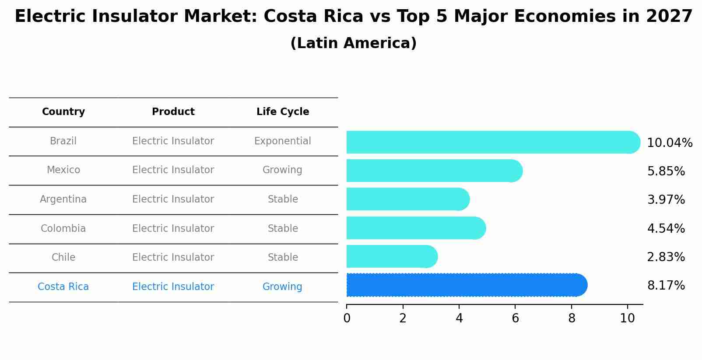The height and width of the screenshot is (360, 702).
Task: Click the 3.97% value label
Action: coord(666,200)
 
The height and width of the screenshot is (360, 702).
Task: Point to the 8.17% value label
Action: coord(666,286)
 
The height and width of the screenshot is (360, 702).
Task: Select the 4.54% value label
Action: coord(666,228)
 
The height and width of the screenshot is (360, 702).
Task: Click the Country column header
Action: coord(63,112)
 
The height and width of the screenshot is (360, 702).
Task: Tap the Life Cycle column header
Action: coord(283,112)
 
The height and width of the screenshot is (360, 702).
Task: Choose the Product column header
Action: coord(173,112)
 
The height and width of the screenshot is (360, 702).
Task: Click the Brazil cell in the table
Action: coord(63,141)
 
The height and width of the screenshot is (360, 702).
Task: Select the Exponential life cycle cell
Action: coord(283,141)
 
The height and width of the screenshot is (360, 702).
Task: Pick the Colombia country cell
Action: coord(63,228)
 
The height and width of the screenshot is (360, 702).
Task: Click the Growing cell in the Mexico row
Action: coord(283,170)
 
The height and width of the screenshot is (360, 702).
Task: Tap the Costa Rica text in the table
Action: coord(63,287)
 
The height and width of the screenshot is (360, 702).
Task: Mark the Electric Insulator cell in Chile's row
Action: coord(173,258)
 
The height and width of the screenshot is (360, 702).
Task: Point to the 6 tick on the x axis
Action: coord(515,318)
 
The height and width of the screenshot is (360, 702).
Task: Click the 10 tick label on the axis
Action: coord(627,318)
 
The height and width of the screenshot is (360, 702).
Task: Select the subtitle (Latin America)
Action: coord(353,43)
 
